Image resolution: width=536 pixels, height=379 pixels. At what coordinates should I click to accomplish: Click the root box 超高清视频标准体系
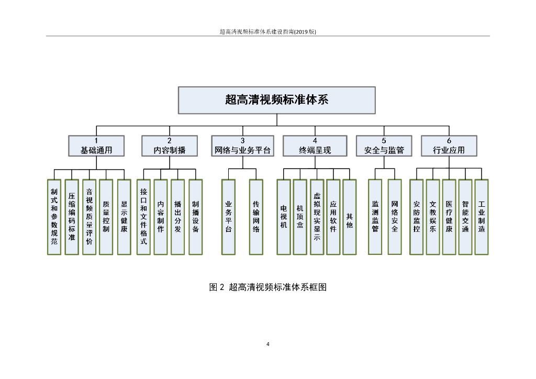[x=276, y=100]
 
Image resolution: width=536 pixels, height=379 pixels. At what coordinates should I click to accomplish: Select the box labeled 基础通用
[x=96, y=146]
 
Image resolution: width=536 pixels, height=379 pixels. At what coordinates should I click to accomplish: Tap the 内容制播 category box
[x=170, y=146]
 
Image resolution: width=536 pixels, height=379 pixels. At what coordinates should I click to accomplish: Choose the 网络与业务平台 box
[x=242, y=146]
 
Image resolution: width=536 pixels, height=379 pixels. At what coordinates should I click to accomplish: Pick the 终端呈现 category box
[x=315, y=146]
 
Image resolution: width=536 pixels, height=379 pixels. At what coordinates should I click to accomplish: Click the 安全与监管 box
[x=384, y=146]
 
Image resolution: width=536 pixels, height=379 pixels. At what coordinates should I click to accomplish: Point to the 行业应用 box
[x=449, y=146]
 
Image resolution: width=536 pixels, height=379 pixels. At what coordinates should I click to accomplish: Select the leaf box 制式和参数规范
[x=54, y=217]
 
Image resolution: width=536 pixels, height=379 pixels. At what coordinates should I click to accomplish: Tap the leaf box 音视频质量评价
[x=89, y=217]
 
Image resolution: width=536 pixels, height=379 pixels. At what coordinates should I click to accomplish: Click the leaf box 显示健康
[x=124, y=217]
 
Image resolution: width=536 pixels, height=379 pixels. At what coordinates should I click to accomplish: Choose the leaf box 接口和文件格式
[x=143, y=217]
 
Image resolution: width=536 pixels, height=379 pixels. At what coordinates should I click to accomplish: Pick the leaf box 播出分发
[x=178, y=217]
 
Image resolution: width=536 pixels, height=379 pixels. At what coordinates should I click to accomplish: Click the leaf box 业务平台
[x=229, y=217]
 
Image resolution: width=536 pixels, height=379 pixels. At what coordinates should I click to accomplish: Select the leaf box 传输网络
[x=256, y=217]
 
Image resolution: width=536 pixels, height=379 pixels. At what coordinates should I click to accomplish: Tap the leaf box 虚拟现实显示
[x=317, y=217]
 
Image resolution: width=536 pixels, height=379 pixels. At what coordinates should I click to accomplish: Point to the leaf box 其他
[x=349, y=217]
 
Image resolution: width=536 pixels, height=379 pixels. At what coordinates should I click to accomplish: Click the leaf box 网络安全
[x=395, y=217]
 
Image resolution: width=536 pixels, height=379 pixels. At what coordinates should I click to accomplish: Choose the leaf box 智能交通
[x=465, y=217]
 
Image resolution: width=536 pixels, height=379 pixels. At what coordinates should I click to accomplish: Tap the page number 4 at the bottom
[x=268, y=344]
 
